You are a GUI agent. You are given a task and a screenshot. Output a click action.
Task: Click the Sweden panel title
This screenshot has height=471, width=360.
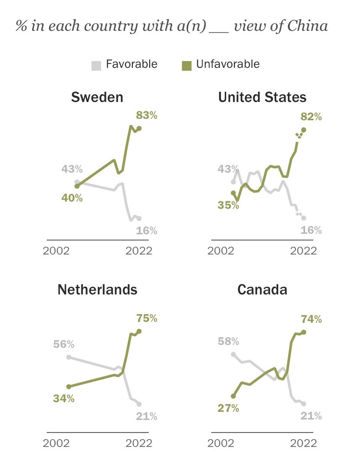97,97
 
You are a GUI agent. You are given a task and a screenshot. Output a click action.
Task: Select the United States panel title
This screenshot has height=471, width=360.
262,97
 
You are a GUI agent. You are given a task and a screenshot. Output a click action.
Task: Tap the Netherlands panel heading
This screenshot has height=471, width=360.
97,289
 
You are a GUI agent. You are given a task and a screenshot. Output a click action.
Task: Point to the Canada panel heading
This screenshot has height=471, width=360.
262,289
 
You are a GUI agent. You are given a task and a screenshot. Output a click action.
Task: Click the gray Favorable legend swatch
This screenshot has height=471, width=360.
96,65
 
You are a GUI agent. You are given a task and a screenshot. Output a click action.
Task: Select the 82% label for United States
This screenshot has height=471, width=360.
310,117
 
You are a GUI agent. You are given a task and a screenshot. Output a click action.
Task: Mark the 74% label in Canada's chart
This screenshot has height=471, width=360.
310,319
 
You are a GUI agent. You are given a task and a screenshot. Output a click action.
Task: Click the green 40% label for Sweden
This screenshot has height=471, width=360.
72,198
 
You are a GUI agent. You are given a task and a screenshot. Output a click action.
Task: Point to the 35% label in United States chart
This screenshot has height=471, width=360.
228,205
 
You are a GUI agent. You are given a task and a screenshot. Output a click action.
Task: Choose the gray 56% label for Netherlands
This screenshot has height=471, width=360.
64,344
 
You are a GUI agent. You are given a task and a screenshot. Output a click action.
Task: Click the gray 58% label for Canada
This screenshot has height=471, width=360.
228,342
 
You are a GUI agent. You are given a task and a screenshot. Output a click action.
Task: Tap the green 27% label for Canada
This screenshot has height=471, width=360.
228,408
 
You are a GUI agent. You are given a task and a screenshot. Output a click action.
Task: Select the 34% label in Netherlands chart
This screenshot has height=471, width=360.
64,398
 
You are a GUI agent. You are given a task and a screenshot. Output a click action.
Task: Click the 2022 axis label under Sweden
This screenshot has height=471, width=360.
139,251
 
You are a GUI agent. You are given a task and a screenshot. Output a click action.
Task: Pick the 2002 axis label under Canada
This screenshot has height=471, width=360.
221,443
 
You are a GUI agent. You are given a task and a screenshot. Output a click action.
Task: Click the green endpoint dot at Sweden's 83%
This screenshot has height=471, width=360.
139,128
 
